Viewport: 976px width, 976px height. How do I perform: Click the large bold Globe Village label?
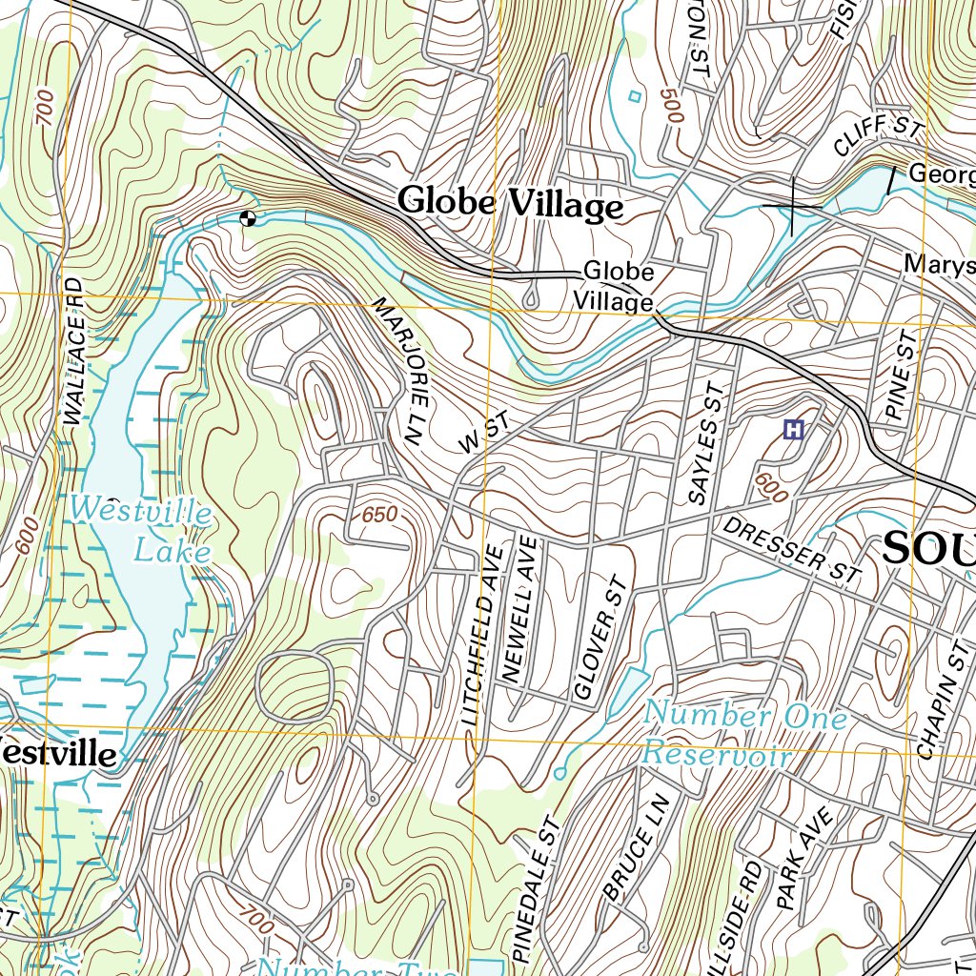[x=510, y=204]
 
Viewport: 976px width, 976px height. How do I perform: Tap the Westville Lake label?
[x=141, y=530]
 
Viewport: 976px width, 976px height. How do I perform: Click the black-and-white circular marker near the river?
[x=248, y=218]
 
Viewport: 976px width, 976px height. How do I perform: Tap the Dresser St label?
[x=791, y=550]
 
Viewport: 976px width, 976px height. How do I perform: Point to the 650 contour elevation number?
[x=378, y=515]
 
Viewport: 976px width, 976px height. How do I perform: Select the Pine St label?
[x=901, y=376]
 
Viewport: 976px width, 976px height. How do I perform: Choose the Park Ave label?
[x=803, y=855]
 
